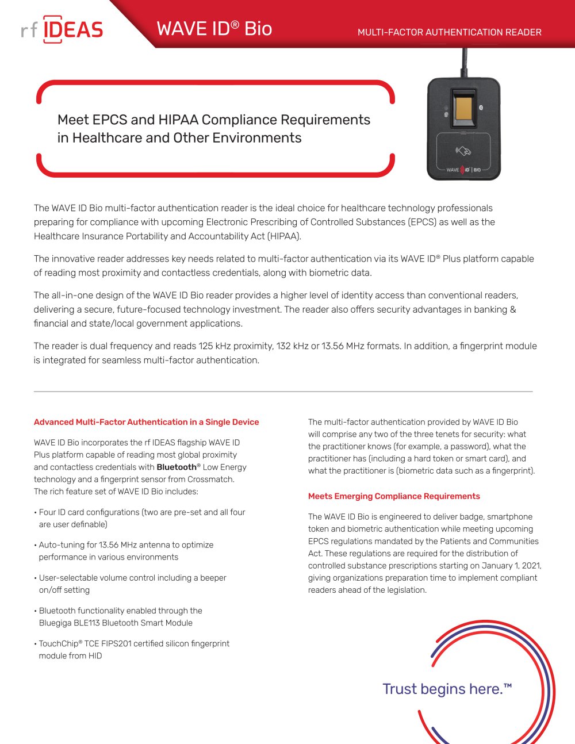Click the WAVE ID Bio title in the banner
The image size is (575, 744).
point(214,29)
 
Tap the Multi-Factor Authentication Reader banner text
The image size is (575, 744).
point(449,32)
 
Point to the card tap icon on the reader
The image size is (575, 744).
point(463,151)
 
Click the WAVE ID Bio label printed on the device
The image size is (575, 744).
point(463,170)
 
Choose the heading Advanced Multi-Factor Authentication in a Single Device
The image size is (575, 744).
point(146,422)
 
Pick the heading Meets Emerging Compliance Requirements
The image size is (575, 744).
point(394,496)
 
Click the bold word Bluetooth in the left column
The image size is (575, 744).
point(177,467)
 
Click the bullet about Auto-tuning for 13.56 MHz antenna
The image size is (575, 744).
point(126,551)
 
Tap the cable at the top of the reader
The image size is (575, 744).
point(464,63)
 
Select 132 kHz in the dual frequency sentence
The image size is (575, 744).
point(292,346)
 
